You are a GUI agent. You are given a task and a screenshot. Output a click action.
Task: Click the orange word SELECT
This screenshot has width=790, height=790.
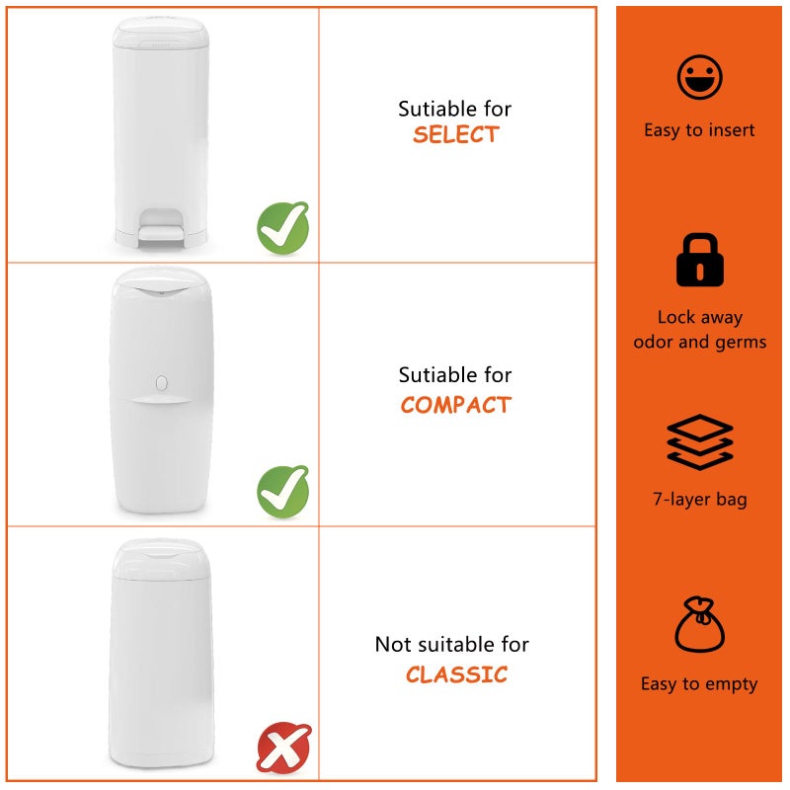coord(456,134)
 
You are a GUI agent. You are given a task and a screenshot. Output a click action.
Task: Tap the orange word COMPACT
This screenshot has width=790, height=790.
coord(456,405)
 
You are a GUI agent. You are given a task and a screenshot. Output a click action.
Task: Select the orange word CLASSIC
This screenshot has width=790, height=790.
coord(456,674)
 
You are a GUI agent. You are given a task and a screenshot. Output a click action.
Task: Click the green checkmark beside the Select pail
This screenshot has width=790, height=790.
coord(283,228)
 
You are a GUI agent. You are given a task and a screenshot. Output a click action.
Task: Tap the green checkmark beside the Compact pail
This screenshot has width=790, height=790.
coord(283,491)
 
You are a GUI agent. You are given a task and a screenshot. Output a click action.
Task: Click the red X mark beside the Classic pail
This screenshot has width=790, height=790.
coord(284,748)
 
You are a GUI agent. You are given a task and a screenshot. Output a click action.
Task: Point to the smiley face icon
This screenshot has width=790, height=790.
coord(699,77)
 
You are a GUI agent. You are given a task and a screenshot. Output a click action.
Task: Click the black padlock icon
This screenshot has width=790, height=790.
coord(699,260)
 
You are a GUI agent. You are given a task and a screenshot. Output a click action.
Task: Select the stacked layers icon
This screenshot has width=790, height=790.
coord(700,441)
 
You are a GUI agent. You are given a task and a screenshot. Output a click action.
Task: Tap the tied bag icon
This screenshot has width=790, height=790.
coord(699,625)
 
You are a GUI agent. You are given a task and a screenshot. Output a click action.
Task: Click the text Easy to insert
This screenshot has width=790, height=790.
coord(699,130)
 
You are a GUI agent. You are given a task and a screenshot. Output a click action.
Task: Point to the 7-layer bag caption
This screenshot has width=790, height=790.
coord(700,500)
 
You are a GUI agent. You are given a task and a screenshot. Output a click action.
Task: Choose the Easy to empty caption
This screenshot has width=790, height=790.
coord(699,684)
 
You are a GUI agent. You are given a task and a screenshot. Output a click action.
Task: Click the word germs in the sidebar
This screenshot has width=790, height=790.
coord(741,343)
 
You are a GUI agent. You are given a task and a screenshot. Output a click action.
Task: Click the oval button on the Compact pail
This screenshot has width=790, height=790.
coord(162,383)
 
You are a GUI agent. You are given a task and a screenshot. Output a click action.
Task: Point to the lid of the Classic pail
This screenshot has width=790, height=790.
coord(160,558)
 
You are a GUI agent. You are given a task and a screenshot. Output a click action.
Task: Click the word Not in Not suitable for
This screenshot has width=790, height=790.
coord(393,645)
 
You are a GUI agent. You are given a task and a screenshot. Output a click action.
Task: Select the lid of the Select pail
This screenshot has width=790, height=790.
coord(160,34)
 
